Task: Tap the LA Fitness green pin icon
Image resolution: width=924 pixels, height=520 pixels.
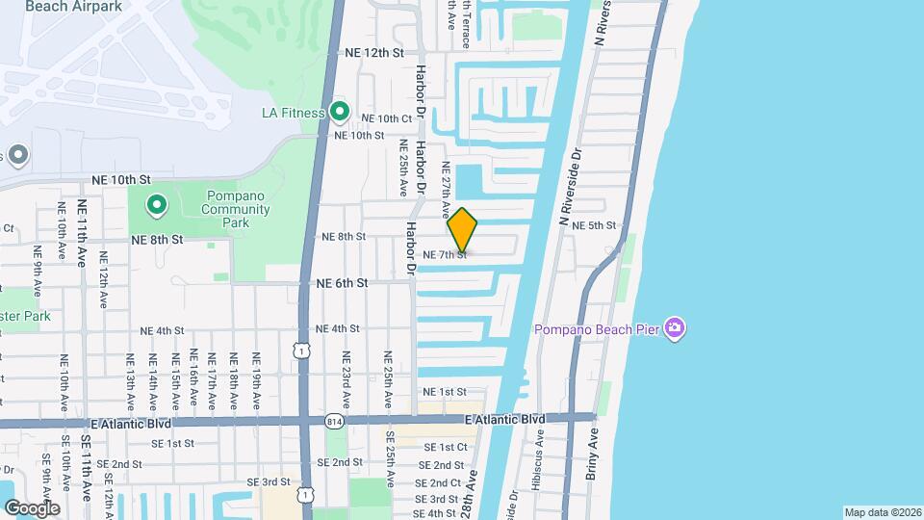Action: (339, 113)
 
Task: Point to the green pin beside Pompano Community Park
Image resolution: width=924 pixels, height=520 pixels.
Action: (156, 205)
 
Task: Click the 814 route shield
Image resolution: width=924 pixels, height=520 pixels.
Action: (333, 420)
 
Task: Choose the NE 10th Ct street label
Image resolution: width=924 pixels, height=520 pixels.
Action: (388, 118)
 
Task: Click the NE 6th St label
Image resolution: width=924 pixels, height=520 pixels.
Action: (343, 283)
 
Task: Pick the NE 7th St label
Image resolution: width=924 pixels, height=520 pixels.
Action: (445, 254)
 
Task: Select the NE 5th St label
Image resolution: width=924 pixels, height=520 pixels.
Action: (593, 225)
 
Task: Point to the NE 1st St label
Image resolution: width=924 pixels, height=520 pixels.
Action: (445, 392)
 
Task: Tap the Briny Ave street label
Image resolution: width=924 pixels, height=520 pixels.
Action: (591, 454)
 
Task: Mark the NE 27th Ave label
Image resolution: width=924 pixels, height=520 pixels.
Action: (446, 187)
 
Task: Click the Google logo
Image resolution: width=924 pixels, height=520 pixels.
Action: (31, 507)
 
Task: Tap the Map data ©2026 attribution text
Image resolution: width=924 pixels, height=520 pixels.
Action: (882, 512)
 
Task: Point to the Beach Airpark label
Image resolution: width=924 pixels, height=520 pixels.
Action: (66, 6)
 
